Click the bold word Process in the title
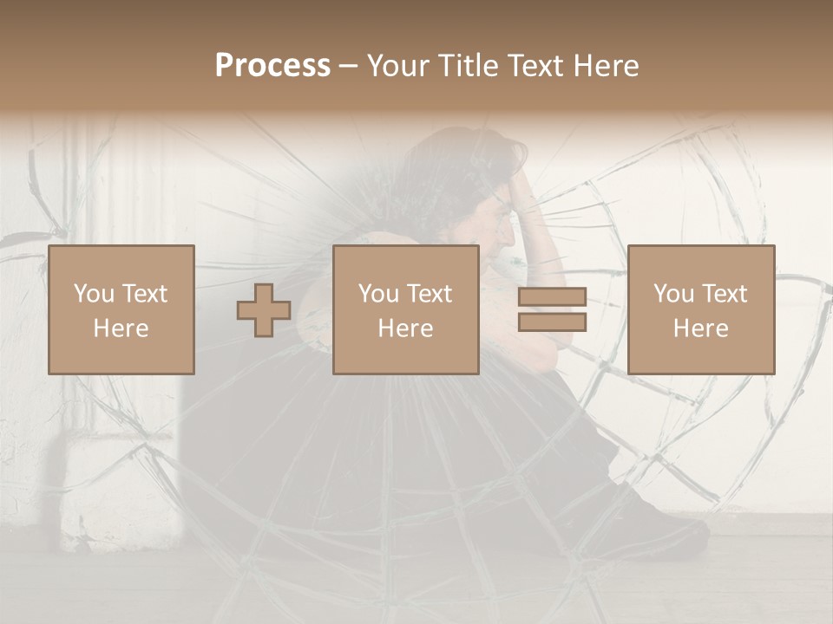(x=272, y=66)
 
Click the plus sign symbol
(x=264, y=310)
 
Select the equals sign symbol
(x=552, y=309)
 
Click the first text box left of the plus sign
(x=121, y=309)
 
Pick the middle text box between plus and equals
(x=405, y=309)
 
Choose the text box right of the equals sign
(x=700, y=309)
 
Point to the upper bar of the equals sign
(x=552, y=297)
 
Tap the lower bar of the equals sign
(x=552, y=322)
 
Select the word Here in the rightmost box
(x=700, y=328)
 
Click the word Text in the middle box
(x=430, y=294)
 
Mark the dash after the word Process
(x=349, y=66)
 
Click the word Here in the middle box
(x=405, y=328)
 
